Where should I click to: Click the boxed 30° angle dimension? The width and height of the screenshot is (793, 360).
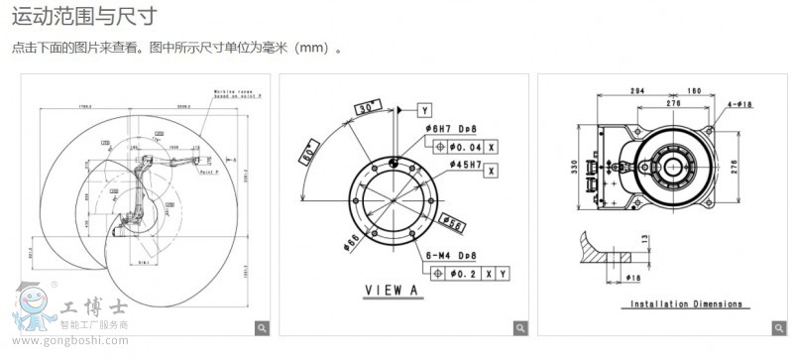368,105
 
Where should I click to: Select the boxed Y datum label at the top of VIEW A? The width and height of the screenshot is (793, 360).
424,109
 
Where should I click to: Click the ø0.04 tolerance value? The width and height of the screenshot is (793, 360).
463,146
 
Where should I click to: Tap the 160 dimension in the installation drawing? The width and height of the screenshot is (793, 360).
692,90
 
